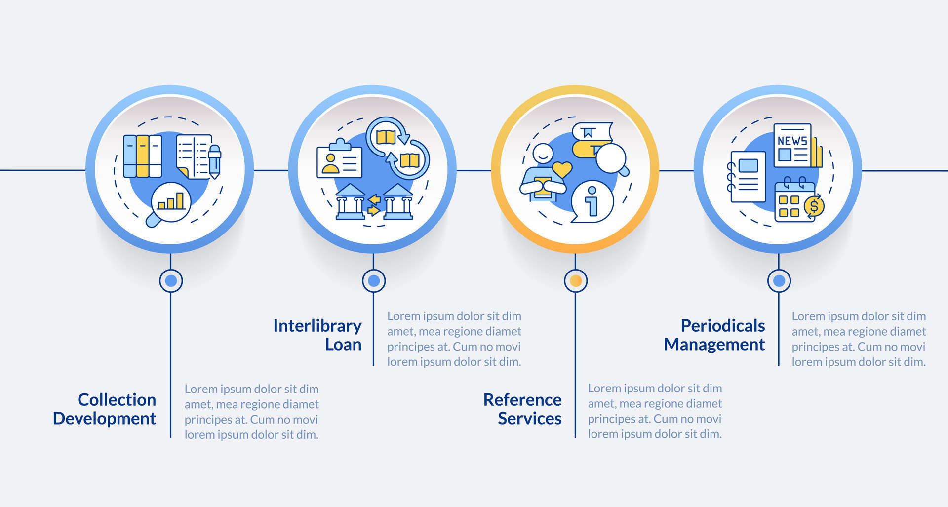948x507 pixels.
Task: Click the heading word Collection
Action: pos(117,399)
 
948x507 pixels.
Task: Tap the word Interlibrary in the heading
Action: pos(317,326)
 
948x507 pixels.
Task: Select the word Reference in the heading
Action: pos(522,399)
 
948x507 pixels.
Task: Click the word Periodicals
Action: pos(722,326)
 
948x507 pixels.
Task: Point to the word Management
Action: pos(714,344)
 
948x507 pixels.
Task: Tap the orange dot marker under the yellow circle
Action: pos(575,281)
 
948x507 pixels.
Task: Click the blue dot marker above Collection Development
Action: pos(171,281)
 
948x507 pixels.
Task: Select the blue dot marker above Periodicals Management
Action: pos(779,281)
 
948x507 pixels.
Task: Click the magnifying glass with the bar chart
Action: pos(170,202)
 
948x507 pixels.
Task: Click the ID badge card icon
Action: pos(339,161)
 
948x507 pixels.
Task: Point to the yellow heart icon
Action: pos(561,169)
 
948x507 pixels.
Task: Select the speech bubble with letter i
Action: pos(592,201)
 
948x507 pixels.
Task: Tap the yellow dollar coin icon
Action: pos(814,206)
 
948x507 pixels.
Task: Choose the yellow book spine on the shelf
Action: pos(142,156)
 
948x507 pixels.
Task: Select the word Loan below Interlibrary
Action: pos(343,344)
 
